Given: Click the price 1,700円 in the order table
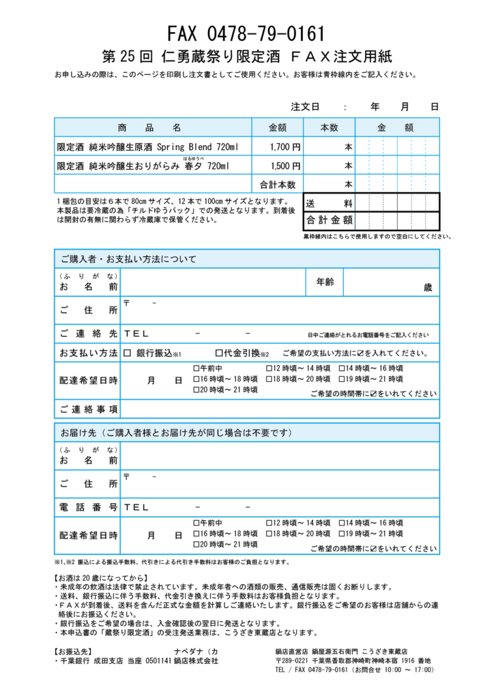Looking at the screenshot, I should pos(285,147).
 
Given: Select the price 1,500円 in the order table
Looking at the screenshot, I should pos(285,166).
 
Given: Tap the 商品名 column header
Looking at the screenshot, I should pos(149,127).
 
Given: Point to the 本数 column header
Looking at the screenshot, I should pos(329,127).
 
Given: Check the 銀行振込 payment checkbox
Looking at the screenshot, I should pos(128,353).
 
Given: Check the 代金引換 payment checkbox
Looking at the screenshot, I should pos(219,353).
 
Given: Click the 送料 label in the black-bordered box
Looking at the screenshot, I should pos(329,203).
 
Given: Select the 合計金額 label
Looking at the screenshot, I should pos(329,220).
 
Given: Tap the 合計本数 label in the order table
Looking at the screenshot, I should pos(278,185).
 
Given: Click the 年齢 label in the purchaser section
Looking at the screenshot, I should pos(325,282).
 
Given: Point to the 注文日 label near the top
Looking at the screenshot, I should pos(306,107).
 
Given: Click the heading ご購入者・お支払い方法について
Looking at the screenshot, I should pos(128,259).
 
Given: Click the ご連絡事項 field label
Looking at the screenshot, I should pos(89,409).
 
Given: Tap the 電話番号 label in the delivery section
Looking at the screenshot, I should pos(89,507).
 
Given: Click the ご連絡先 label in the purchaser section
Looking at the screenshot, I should pos(89,334).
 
